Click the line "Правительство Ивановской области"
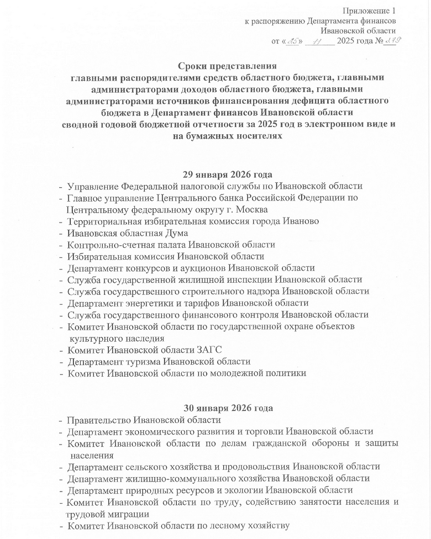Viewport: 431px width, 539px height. (x=144, y=420)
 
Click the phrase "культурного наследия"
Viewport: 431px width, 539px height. (x=117, y=338)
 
